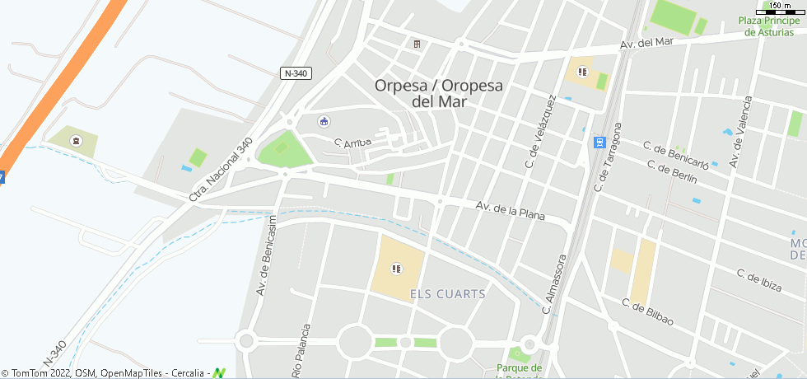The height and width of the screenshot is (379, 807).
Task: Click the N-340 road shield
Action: click(x=295, y=73)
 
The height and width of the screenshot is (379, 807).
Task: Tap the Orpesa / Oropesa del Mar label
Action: click(x=438, y=93)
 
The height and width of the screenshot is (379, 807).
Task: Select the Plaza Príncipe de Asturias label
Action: click(x=772, y=26)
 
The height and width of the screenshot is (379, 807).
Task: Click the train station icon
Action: click(x=599, y=142)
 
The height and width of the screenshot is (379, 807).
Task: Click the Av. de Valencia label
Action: click(x=740, y=129)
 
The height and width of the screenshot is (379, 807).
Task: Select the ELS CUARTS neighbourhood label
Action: click(x=447, y=293)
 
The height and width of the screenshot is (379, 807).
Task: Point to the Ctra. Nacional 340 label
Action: click(x=221, y=170)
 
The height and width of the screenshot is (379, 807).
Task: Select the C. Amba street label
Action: click(x=353, y=143)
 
